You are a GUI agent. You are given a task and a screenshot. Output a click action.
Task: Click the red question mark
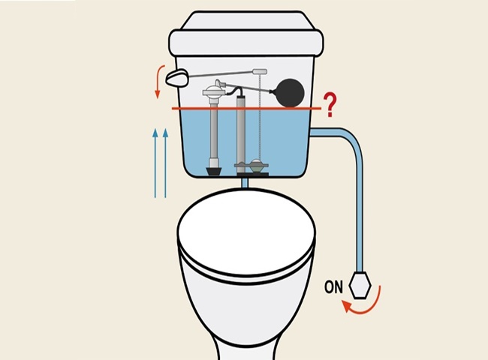coord(328,103)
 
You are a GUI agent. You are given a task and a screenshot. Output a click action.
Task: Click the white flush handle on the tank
coord(177,76)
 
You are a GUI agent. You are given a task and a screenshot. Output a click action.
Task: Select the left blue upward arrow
coord(155,163)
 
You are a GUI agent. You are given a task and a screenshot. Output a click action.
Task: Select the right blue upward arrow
coord(166,163)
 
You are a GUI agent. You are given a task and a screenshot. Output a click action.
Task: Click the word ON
coord(335,286)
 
